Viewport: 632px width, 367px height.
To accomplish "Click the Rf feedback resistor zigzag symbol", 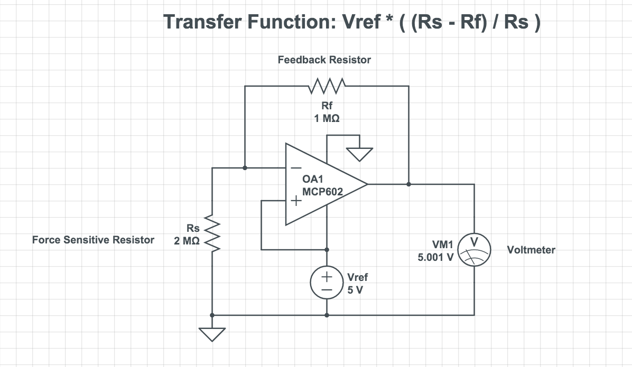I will click(327, 85).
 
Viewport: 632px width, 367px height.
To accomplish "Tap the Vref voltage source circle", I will click(327, 283).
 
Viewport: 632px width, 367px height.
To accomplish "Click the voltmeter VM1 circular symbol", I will click(474, 249).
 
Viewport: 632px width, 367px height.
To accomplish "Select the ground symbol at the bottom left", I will click(212, 334).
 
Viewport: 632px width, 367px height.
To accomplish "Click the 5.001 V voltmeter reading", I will click(434, 259).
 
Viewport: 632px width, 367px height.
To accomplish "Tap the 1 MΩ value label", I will click(327, 119).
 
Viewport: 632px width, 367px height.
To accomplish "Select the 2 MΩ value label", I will click(187, 241).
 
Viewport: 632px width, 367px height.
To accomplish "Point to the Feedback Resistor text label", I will click(324, 60).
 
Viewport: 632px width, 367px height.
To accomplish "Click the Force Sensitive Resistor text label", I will click(93, 240).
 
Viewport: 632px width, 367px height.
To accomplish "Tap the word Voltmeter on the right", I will click(531, 250).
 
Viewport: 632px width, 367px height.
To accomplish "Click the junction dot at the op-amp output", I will click(408, 184).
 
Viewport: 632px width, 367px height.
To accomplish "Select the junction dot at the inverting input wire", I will click(245, 168).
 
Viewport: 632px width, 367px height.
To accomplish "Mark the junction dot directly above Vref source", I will click(327, 249).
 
